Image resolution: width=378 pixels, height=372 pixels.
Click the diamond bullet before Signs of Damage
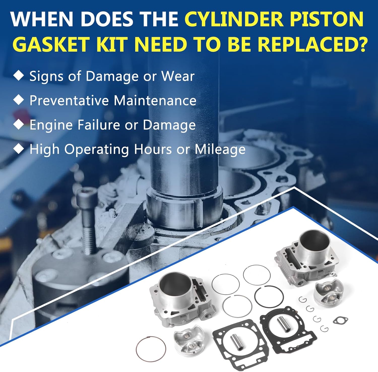[18, 75]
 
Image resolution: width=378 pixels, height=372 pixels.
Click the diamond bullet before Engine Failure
[18, 124]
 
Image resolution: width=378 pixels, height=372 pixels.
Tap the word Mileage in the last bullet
[220, 149]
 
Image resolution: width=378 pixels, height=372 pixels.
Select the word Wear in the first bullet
[178, 76]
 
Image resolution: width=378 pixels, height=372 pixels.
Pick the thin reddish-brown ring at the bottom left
[151, 350]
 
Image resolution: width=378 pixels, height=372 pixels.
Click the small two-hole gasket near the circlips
[340, 321]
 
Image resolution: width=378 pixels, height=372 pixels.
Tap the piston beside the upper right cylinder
[329, 294]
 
